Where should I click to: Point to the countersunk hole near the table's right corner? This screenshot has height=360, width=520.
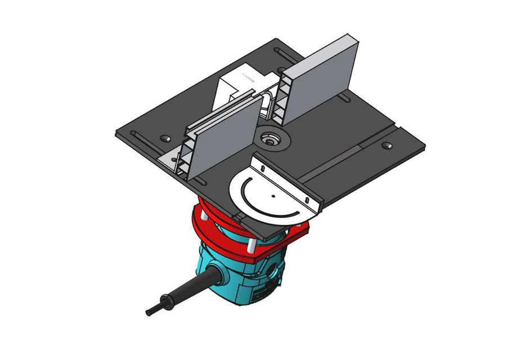[x=386, y=145]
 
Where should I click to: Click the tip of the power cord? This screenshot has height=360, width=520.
[x=149, y=310]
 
